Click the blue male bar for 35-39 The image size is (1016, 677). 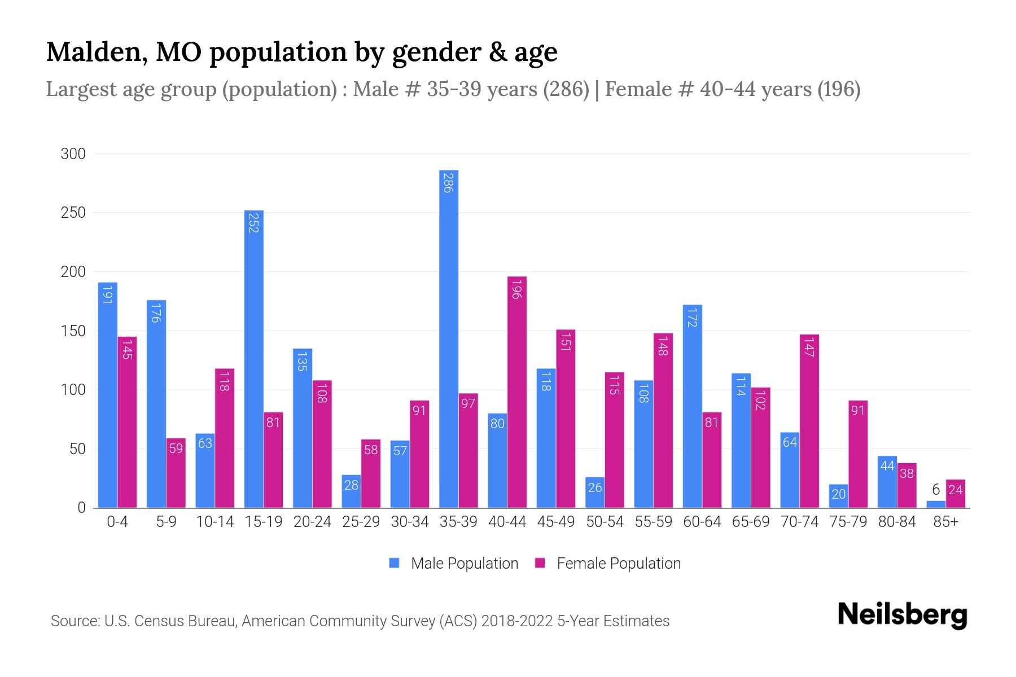tap(449, 338)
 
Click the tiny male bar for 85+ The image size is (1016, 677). tap(936, 504)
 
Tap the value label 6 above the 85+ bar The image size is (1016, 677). tap(936, 490)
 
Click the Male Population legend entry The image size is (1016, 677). tap(454, 563)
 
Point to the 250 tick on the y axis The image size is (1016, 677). tap(73, 213)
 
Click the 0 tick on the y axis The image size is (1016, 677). tap(81, 508)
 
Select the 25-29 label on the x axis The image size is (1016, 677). tap(361, 522)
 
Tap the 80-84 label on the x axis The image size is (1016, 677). tap(897, 522)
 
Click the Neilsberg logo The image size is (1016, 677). tap(902, 615)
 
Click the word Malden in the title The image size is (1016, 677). tap(93, 52)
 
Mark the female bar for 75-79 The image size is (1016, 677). tap(858, 454)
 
